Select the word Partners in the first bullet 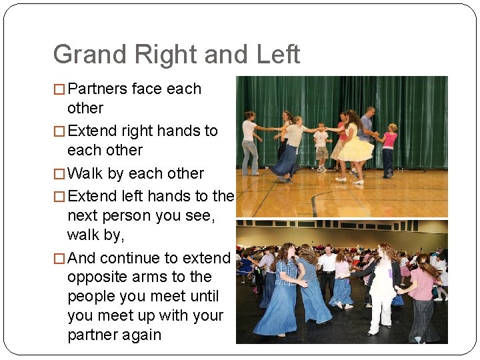[x=98, y=89]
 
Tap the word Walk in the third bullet [x=85, y=173]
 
